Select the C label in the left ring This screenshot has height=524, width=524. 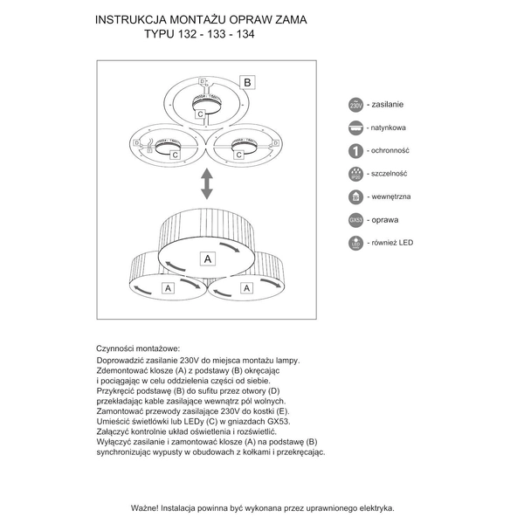pos(175,155)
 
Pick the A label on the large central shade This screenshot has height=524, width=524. pos(208,259)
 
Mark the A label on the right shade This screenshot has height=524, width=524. pos(247,286)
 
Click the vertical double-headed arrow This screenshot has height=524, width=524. pos(207,184)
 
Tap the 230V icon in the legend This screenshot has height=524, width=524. pos(355,104)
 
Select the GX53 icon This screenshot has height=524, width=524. pos(355,219)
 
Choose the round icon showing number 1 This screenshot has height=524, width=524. pos(355,150)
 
